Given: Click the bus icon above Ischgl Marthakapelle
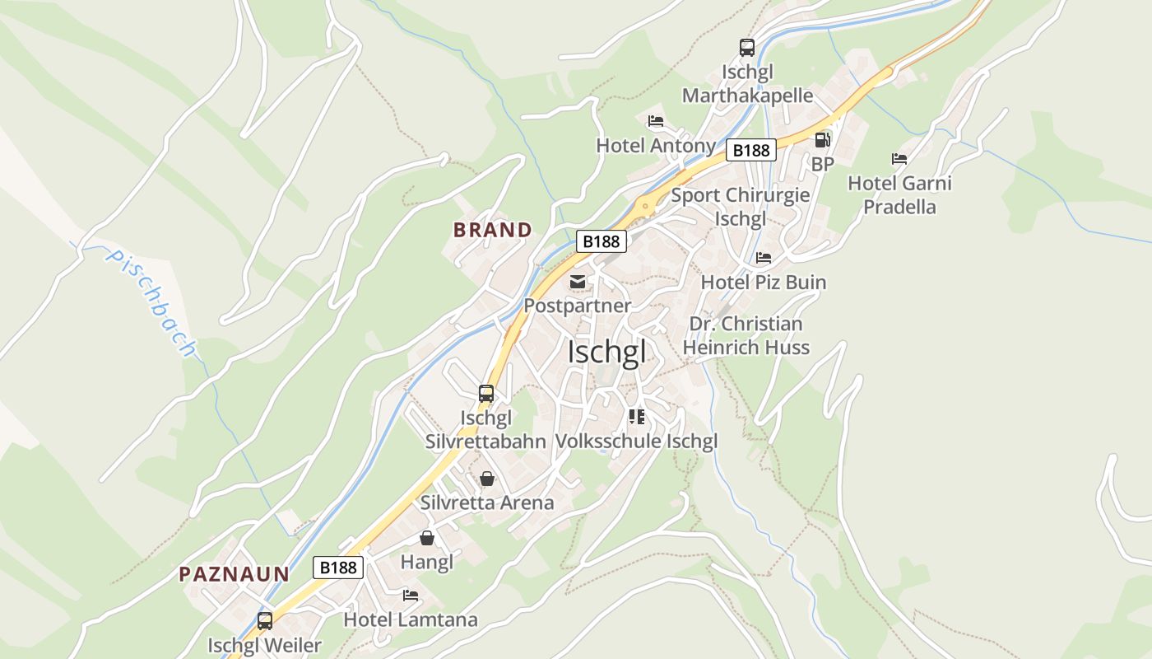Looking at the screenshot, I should pos(746,48).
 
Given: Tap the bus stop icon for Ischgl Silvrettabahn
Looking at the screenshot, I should pos(486,394).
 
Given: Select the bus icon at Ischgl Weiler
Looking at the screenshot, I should pos(264,621).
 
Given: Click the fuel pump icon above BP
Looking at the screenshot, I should pos(822,140).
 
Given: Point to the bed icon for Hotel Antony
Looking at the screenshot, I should pos(655,121).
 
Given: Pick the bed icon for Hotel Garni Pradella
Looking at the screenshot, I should pos(899,159).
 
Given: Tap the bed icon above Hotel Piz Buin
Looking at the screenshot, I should pos(763,258).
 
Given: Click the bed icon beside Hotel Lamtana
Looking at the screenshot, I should pos(410,596).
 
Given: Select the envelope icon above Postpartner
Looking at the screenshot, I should pos(578,283).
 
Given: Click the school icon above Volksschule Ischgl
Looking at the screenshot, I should pos(636,417).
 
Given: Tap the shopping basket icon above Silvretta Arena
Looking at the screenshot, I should pos(486,479).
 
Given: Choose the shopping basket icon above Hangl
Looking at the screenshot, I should pos(426,539).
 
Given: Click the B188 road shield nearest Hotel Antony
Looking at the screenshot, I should pos(751,150).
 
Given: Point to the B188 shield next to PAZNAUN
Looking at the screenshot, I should pos(337,567).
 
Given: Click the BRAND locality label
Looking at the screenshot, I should pos(492,230).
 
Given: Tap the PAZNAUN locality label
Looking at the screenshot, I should pos(235,574).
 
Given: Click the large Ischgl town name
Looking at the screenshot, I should pos(606,352).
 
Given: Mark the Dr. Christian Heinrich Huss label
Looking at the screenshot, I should pos(746,335).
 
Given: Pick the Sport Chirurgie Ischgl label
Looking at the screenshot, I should pos(740,207).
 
